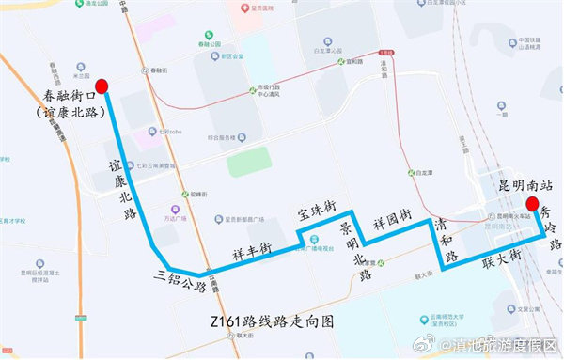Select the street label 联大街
(x=497, y=258)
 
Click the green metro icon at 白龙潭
(x=412, y=173)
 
